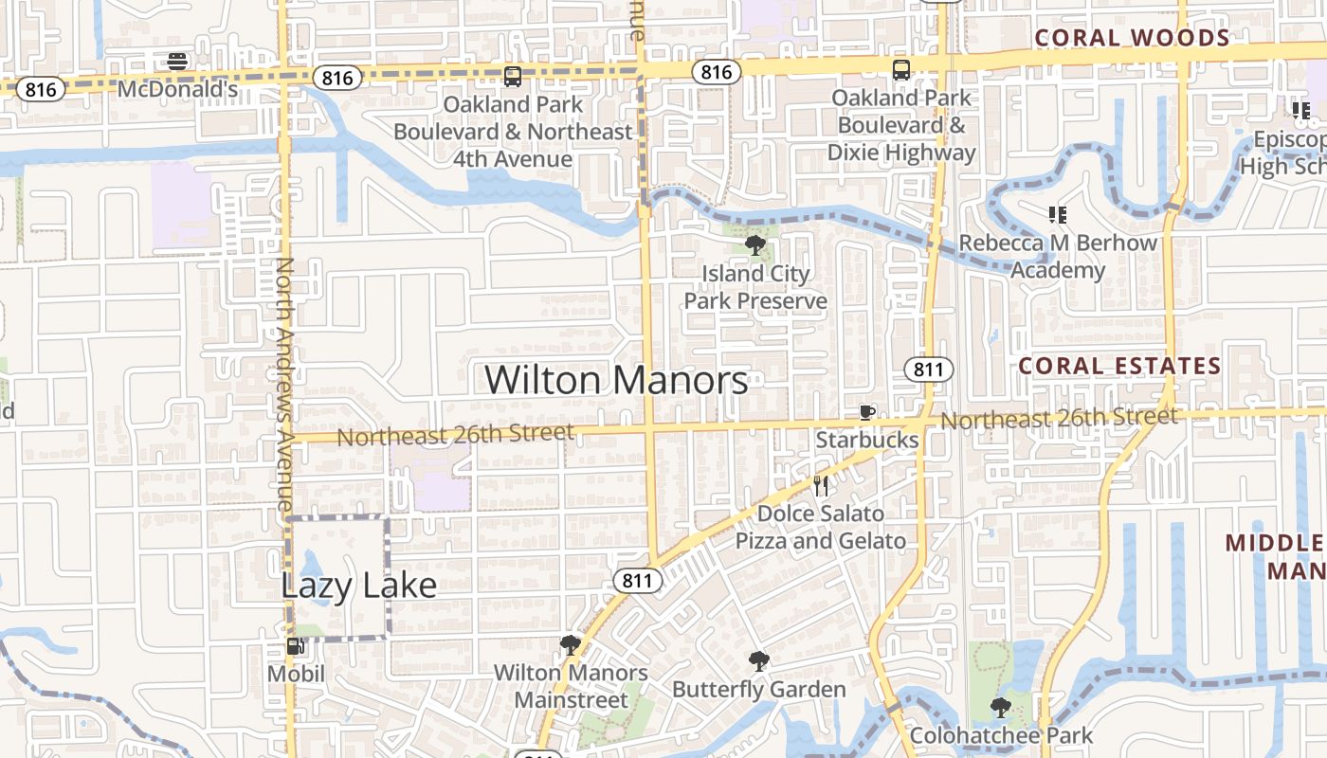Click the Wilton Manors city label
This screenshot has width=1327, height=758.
[x=616, y=380]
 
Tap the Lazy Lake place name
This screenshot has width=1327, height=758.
[x=358, y=586]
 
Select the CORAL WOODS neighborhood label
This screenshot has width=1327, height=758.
[x=1132, y=38]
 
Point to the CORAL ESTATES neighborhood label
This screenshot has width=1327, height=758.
[x=1119, y=366]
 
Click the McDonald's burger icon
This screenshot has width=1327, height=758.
[x=177, y=62]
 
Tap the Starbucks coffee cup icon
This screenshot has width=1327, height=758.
[x=866, y=412]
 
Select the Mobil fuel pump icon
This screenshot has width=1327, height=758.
[x=296, y=647]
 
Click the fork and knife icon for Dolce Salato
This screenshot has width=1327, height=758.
[x=821, y=486]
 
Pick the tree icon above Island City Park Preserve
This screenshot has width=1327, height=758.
[x=755, y=246]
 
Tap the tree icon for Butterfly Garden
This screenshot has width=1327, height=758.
[x=758, y=661]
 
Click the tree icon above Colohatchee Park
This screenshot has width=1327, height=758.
[x=1000, y=707]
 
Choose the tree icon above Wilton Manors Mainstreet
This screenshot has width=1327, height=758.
[x=571, y=646]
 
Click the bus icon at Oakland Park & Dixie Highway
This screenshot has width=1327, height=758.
[x=900, y=69]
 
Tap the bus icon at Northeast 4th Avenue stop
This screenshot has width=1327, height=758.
[x=513, y=77]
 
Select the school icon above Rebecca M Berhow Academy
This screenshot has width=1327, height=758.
[x=1058, y=215]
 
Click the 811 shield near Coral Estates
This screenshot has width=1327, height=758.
[x=928, y=370]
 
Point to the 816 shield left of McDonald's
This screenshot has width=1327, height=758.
[x=41, y=90]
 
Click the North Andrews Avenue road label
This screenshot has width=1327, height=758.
[x=284, y=384]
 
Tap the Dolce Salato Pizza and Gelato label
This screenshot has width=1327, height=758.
[x=821, y=528]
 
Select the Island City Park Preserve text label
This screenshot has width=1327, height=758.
[x=755, y=287]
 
